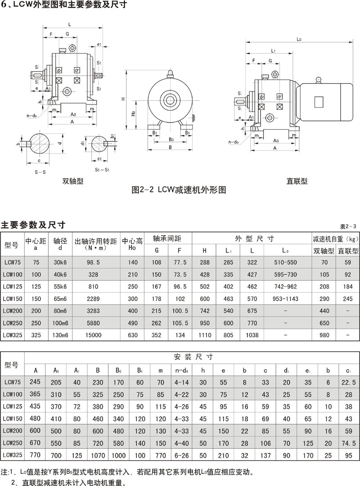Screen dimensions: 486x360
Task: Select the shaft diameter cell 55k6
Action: click(x=60, y=286)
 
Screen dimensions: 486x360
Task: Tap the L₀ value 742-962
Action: click(x=285, y=286)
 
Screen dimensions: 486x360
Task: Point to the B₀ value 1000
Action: click(x=118, y=456)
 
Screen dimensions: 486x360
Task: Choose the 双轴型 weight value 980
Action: click(x=325, y=335)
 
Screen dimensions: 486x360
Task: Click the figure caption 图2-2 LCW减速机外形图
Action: click(x=179, y=190)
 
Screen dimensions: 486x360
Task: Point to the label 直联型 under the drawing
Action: click(x=297, y=182)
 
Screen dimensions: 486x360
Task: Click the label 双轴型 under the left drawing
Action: click(x=73, y=182)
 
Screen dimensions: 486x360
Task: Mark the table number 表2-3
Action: click(x=348, y=226)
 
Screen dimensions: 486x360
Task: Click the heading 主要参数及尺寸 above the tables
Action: click(x=33, y=224)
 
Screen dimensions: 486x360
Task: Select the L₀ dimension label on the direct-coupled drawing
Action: click(x=299, y=40)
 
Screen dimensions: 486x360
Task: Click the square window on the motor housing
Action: click(x=319, y=102)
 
